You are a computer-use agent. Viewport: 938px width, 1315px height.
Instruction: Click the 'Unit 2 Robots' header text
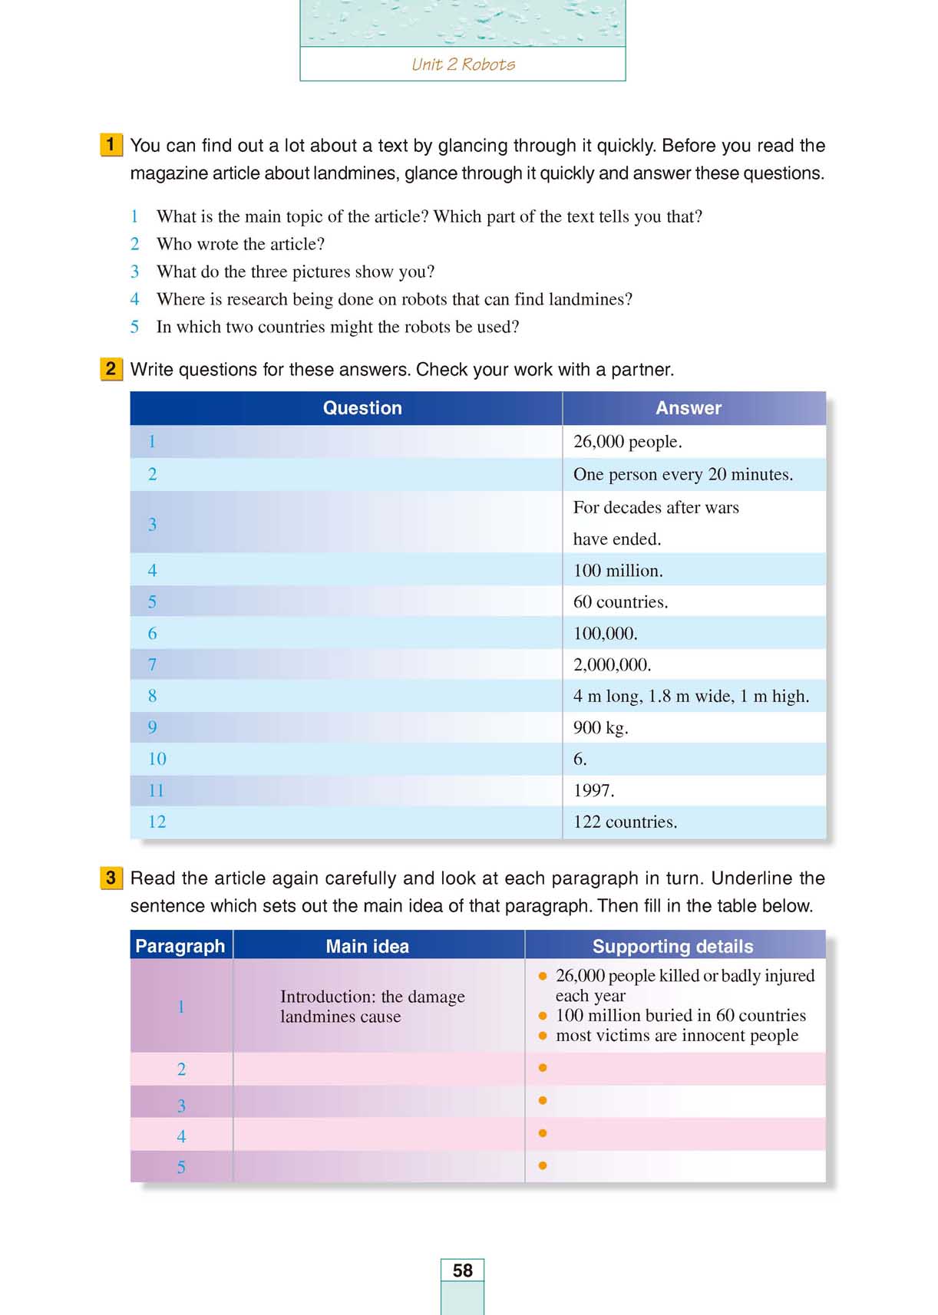click(x=463, y=64)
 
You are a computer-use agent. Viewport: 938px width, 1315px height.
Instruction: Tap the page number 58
click(x=462, y=1271)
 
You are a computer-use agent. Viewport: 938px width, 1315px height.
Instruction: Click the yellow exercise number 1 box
click(x=111, y=145)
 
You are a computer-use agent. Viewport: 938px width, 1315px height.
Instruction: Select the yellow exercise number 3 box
click(x=111, y=878)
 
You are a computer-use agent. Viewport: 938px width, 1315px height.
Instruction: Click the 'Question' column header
click(x=362, y=408)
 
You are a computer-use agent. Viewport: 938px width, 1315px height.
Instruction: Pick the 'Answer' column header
click(x=689, y=408)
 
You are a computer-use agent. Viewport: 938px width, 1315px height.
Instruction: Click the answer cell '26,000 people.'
click(x=627, y=442)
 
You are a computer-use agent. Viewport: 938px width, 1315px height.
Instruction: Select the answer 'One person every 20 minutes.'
click(x=682, y=474)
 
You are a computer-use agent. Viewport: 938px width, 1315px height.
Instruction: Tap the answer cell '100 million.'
click(x=618, y=571)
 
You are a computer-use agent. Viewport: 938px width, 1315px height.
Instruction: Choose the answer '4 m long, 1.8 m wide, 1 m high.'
click(x=691, y=697)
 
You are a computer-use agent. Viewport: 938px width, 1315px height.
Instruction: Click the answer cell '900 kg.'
click(x=600, y=728)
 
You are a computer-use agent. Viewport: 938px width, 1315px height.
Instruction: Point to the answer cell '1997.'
click(x=593, y=791)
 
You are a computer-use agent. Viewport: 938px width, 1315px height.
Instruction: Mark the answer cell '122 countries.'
click(x=625, y=822)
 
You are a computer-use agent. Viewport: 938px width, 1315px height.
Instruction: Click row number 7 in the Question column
click(x=152, y=665)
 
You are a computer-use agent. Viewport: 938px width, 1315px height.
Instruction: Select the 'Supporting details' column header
click(x=672, y=947)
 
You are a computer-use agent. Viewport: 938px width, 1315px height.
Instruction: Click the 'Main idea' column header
click(x=367, y=947)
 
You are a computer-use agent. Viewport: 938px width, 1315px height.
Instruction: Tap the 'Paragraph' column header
click(x=180, y=947)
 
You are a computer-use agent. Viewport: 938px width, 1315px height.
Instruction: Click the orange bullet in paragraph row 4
click(x=543, y=1133)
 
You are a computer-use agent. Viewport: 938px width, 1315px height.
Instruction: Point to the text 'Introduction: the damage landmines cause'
click(x=372, y=1007)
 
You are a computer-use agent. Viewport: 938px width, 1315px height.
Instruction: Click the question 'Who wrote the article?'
click(x=240, y=244)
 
